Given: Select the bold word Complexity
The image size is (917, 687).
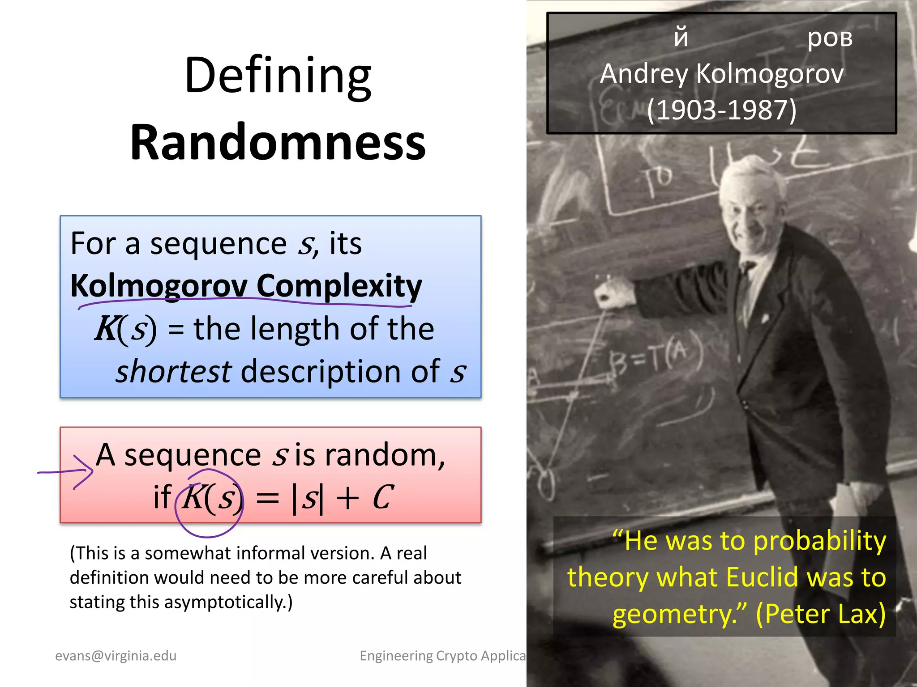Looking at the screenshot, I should point(339,286).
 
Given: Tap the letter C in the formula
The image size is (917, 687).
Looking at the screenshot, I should point(383,498).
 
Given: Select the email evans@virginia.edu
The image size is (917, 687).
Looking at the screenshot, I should point(116,656).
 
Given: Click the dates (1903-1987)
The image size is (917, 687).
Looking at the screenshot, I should point(722,110).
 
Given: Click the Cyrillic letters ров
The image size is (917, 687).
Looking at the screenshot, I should point(830,38).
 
